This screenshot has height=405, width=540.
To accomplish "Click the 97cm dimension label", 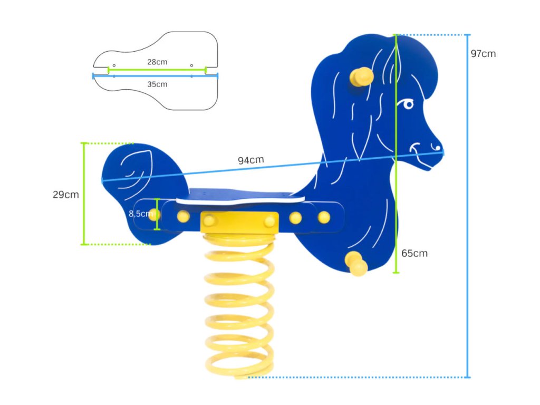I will click(x=483, y=54).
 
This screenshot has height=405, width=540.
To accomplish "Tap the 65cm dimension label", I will click(x=414, y=253).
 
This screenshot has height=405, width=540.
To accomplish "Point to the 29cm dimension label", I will click(x=66, y=195).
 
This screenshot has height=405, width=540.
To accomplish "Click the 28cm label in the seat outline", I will click(x=157, y=62).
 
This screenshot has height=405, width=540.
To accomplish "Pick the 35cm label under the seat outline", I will click(x=157, y=84).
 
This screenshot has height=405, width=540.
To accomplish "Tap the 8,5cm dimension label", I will click(x=140, y=214).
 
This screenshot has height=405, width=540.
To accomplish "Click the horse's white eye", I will click(x=408, y=104).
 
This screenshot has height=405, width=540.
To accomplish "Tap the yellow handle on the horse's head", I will click(x=363, y=77).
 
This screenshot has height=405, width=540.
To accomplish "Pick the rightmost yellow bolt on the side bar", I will click(x=324, y=217).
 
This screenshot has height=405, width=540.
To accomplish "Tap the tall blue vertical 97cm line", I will click(x=468, y=211).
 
